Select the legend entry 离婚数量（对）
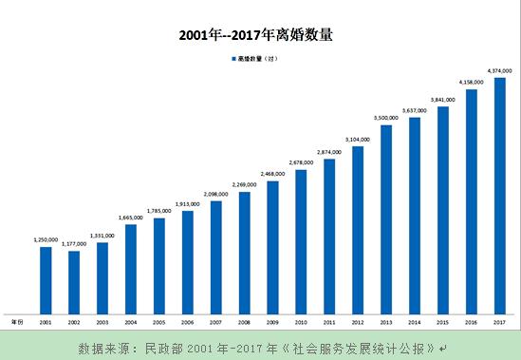(x=254, y=59)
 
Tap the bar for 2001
(x=46, y=279)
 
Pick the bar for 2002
(x=74, y=282)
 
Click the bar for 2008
(x=245, y=253)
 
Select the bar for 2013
(x=386, y=218)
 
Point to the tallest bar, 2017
(x=499, y=195)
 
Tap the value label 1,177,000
(x=74, y=244)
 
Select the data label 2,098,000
(x=216, y=194)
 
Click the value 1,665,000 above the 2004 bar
(x=131, y=218)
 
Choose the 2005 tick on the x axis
(x=159, y=323)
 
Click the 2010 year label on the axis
(x=301, y=323)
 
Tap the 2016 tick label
(x=471, y=323)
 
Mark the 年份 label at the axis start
(x=16, y=323)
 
